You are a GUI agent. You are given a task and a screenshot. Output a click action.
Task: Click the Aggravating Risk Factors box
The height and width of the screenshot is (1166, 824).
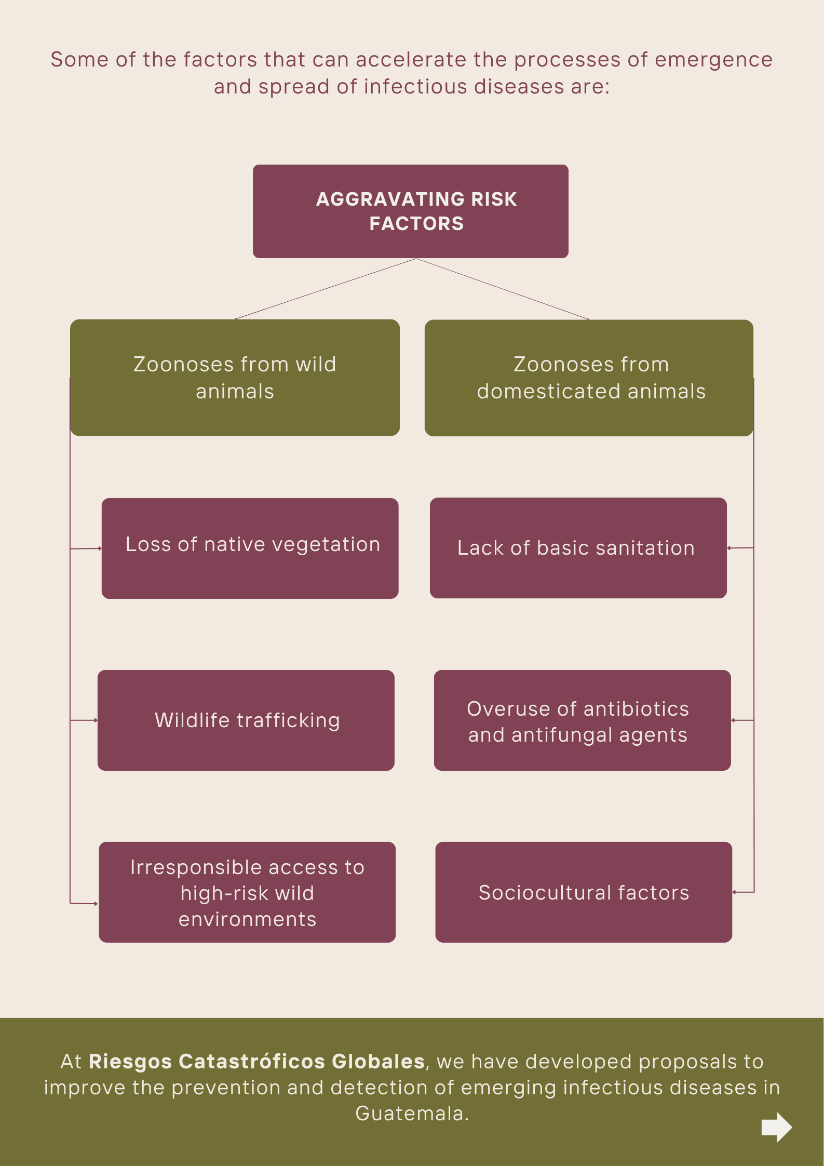point(410,211)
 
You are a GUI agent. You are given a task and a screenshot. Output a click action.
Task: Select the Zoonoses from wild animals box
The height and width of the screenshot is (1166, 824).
point(235,378)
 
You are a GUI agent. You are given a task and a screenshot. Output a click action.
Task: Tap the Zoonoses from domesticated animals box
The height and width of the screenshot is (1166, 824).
point(589,378)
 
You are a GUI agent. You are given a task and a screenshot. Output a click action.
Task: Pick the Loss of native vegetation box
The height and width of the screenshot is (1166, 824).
point(250,548)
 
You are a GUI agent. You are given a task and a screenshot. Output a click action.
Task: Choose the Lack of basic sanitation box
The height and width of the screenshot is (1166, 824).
point(578,548)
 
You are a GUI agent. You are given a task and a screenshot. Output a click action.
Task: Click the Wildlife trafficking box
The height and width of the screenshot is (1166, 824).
point(246,720)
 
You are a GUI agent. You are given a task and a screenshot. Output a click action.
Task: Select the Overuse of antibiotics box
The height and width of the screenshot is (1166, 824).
point(582,720)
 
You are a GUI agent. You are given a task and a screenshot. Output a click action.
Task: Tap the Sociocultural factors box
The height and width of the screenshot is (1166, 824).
point(584,892)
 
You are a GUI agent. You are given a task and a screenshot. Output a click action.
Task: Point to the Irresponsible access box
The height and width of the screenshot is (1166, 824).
point(247,892)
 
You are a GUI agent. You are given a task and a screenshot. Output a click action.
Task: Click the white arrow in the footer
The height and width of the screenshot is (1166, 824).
point(776,1127)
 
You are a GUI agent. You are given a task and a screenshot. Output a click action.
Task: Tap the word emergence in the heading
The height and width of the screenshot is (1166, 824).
point(713,60)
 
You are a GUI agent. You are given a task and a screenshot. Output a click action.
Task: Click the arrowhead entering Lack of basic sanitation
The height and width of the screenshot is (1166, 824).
point(729,548)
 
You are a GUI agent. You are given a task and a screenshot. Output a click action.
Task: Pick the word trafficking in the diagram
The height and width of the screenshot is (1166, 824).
point(288,721)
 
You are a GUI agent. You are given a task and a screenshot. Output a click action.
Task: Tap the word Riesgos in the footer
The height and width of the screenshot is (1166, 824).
point(130,1061)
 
